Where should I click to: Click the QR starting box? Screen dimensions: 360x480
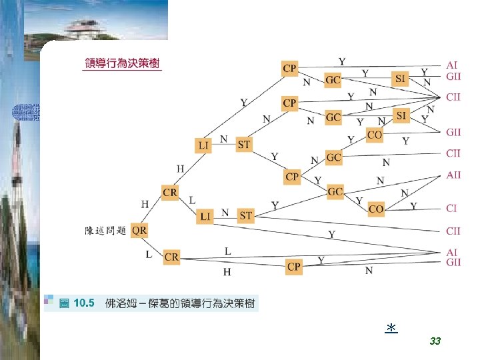(140, 230)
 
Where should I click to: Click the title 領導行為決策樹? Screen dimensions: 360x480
(122, 64)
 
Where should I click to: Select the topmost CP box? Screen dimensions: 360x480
(290, 68)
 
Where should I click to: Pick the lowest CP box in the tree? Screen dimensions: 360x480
(294, 267)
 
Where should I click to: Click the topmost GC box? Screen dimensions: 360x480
(333, 80)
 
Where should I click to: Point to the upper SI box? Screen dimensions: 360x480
(401, 79)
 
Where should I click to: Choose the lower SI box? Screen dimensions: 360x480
(401, 116)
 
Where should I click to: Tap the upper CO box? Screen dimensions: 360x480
(375, 135)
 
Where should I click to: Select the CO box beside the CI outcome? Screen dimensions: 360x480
(376, 209)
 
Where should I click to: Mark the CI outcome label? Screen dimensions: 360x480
(451, 208)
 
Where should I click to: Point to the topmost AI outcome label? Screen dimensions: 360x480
(451, 65)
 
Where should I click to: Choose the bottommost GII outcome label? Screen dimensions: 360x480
(453, 263)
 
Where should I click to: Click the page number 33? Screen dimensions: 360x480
(435, 341)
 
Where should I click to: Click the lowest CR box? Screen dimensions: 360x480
(171, 257)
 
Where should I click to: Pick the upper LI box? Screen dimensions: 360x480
(203, 145)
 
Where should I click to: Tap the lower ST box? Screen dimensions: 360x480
(246, 215)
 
